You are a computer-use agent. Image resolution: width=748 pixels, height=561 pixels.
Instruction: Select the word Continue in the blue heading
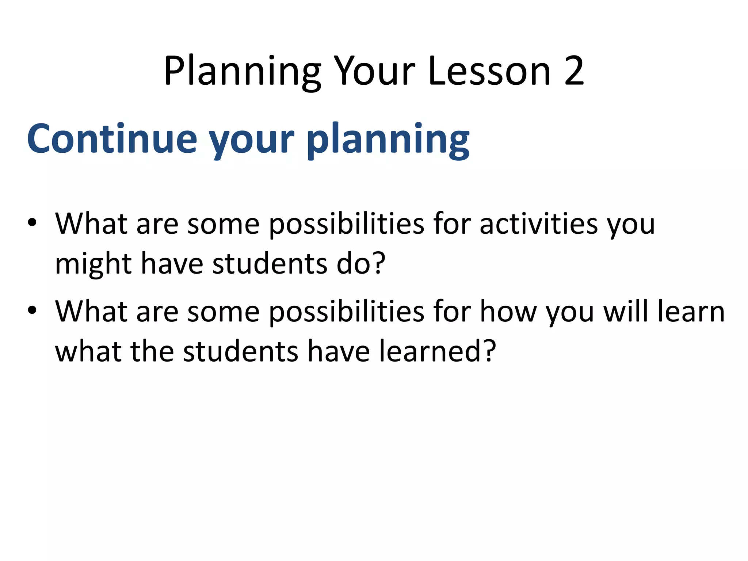(112, 139)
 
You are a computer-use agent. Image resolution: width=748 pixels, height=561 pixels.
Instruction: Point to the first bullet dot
(32, 223)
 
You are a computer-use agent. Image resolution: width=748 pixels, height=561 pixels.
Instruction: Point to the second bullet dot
(32, 310)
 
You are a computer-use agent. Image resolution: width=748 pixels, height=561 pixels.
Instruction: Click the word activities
(539, 224)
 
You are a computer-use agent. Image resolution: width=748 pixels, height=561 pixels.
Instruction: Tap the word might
(93, 264)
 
